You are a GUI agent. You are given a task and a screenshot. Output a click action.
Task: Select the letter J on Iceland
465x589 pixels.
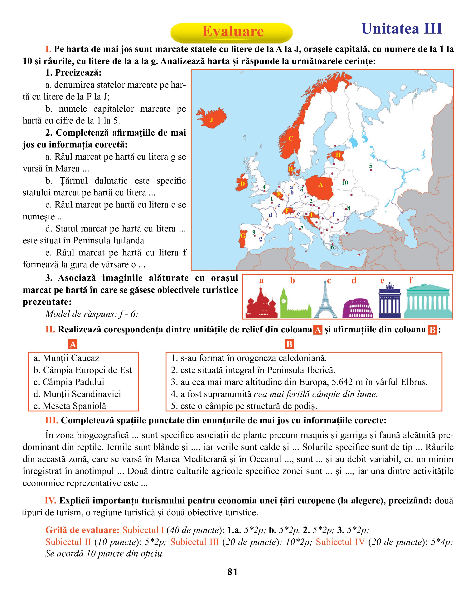(211, 120)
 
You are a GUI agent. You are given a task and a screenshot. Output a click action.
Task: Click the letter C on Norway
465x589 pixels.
(290, 139)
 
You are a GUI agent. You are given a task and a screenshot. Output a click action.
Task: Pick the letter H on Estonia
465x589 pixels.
(338, 155)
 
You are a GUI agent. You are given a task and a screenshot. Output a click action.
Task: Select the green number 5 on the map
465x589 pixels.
(371, 166)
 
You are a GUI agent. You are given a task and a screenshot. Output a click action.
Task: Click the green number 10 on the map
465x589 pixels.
(345, 183)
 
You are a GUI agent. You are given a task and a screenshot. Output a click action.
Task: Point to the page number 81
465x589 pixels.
(232, 572)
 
